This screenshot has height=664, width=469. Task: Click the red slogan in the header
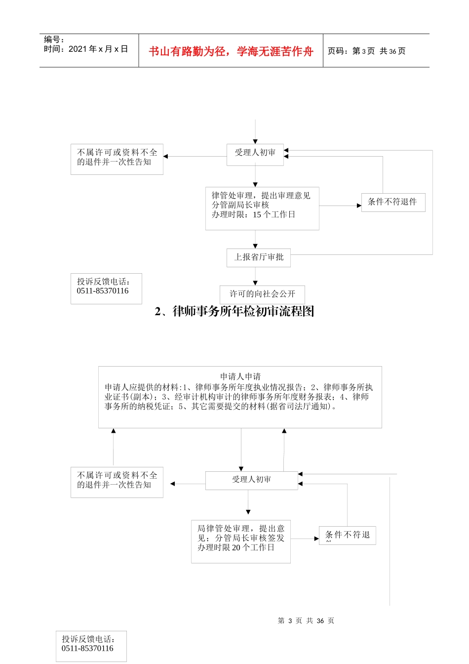pyautogui.click(x=231, y=51)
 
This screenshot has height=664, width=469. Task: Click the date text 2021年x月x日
pyautogui.click(x=86, y=49)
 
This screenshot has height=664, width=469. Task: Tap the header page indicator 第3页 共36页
pyautogui.click(x=366, y=51)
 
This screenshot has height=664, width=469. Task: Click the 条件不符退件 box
pyautogui.click(x=393, y=202)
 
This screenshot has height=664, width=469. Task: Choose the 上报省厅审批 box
pyautogui.click(x=259, y=257)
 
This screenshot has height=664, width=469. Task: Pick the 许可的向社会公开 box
pyautogui.click(x=262, y=294)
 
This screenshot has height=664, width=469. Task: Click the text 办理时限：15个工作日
pyautogui.click(x=253, y=214)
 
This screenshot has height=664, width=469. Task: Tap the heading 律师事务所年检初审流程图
pyautogui.click(x=234, y=311)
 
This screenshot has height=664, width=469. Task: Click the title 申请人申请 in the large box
pyautogui.click(x=240, y=376)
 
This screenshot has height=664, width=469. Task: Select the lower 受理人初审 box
pyautogui.click(x=251, y=480)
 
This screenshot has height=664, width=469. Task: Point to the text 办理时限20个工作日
pyautogui.click(x=236, y=547)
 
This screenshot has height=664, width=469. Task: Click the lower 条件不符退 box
pyautogui.click(x=348, y=535)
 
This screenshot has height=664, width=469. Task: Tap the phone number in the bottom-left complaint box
pyautogui.click(x=87, y=648)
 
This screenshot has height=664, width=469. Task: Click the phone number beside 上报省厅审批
pyautogui.click(x=103, y=291)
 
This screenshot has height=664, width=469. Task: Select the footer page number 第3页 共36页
pyautogui.click(x=306, y=621)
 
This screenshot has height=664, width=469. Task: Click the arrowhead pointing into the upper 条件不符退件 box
pyautogui.click(x=359, y=206)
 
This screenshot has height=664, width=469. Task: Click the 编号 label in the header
pyautogui.click(x=54, y=40)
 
